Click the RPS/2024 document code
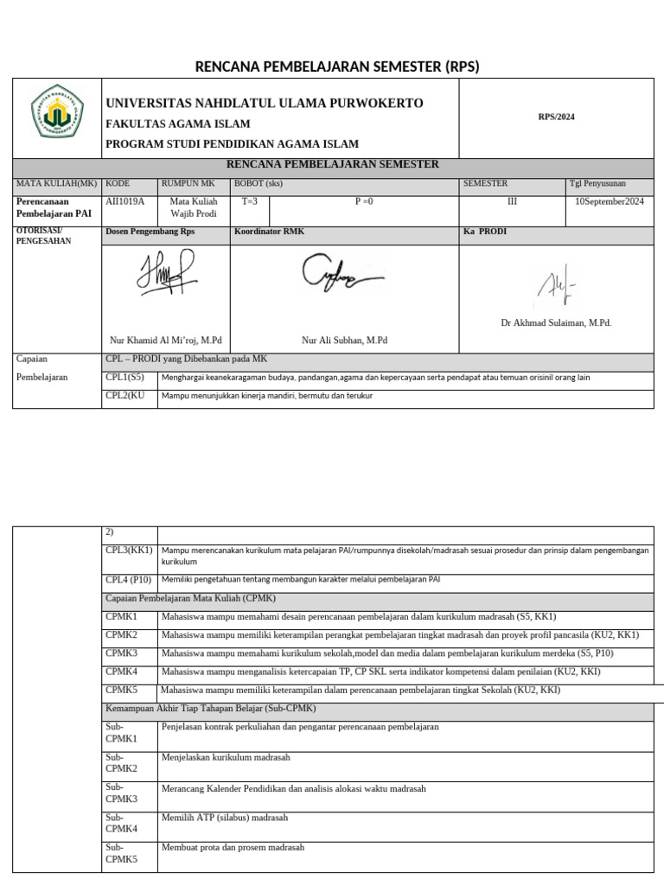coord(556,117)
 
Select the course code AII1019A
coord(125,201)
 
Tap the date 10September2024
coord(610,201)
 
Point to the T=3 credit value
coord(250,201)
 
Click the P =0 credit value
coord(364,201)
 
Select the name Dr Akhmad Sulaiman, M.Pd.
coord(556,322)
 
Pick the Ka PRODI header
coord(485,232)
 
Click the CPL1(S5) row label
coord(124,378)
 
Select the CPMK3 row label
coord(122,653)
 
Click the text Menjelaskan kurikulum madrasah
coord(226,757)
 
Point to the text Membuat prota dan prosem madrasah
coord(233,848)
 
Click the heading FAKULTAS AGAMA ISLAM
coord(177,124)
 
